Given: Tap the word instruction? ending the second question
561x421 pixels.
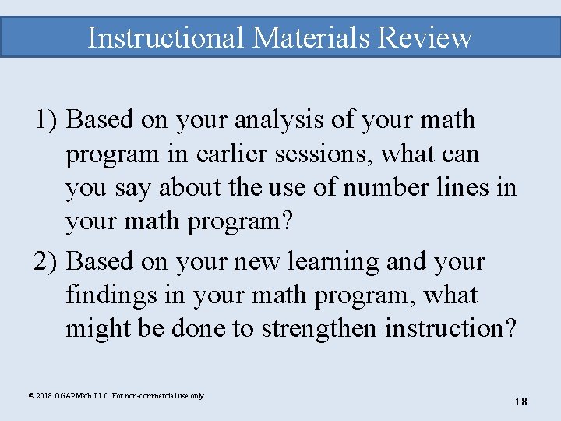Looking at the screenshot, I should pyautogui.click(x=450, y=330).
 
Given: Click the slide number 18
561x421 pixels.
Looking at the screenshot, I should pyautogui.click(x=520, y=402).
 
